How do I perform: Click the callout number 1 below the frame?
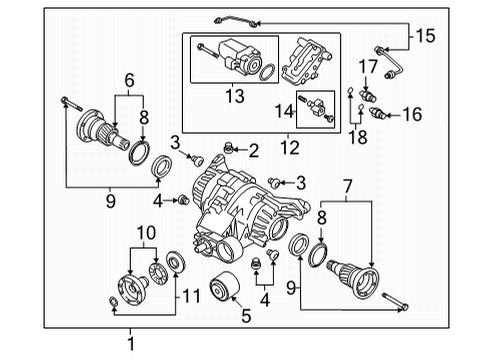(131, 344)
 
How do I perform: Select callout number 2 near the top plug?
(254, 151)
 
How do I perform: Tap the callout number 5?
(246, 316)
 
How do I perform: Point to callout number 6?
(129, 80)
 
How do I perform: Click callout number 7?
(348, 187)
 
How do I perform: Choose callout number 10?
(146, 233)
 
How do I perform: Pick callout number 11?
(191, 296)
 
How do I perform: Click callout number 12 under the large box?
(290, 147)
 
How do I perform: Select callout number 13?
(235, 96)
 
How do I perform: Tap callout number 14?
(284, 111)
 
